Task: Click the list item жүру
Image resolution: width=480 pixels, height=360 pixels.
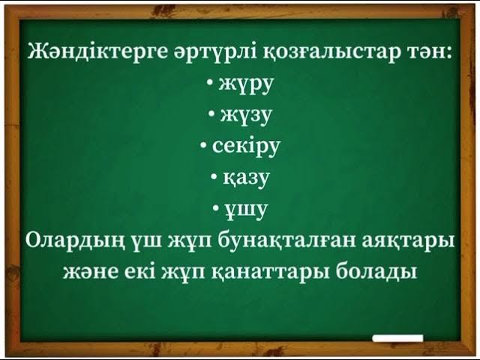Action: pyautogui.click(x=245, y=84)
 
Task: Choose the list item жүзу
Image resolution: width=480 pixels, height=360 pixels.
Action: pyautogui.click(x=245, y=115)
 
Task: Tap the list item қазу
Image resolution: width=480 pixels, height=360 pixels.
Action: pyautogui.click(x=245, y=178)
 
